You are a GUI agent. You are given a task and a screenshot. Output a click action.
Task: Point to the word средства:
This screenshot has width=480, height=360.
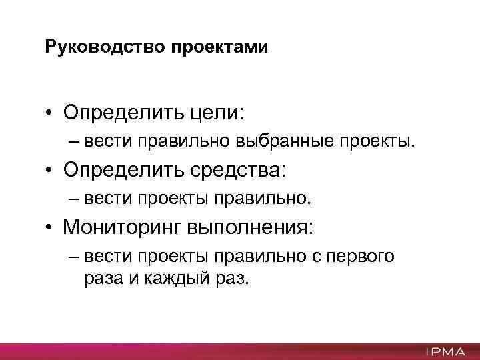click(246, 170)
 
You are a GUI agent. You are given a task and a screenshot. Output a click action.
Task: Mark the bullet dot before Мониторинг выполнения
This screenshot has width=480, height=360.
click(50, 228)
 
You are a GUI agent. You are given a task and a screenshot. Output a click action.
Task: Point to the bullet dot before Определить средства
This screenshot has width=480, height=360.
click(50, 171)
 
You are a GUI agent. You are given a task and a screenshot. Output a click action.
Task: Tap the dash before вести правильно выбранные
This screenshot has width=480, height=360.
click(73, 141)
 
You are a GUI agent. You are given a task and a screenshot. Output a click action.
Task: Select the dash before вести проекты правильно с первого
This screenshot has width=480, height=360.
click(73, 256)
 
